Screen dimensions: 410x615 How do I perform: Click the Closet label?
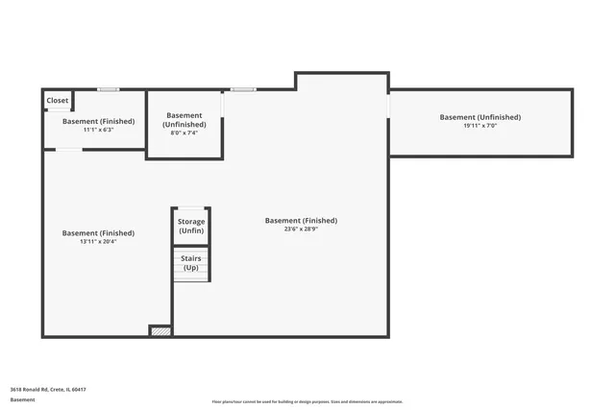(58, 100)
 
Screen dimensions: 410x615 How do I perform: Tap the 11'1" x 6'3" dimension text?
(98, 130)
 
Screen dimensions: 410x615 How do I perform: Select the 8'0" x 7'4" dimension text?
(184, 133)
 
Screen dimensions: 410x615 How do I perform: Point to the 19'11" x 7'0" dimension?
(480, 126)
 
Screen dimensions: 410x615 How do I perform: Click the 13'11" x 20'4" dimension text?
(98, 241)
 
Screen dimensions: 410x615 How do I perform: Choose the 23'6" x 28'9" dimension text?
(301, 229)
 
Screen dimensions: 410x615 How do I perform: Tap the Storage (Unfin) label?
(191, 227)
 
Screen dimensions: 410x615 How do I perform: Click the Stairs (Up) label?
(191, 262)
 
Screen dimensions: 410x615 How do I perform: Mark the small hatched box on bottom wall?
(160, 331)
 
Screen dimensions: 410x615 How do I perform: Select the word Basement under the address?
(23, 399)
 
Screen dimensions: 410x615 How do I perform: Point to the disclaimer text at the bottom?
(307, 401)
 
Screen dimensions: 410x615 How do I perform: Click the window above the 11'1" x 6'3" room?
(108, 90)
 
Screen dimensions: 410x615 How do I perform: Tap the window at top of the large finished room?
(242, 90)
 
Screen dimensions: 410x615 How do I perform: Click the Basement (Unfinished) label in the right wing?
(480, 117)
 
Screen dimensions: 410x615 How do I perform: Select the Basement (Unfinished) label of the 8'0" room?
(184, 120)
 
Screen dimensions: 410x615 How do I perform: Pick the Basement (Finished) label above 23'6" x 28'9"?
(301, 220)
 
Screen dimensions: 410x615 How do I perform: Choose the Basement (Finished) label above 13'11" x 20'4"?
(98, 232)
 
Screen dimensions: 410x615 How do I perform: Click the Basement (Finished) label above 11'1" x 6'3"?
(98, 121)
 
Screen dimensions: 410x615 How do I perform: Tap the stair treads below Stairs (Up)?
(191, 275)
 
